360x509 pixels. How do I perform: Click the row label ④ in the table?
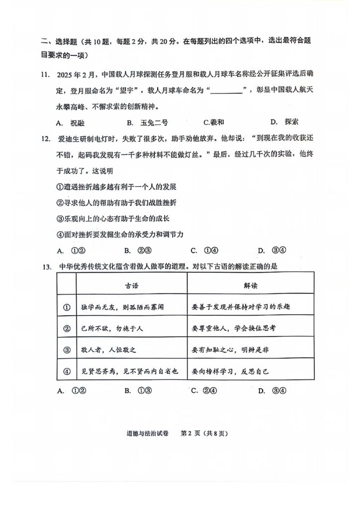(66, 371)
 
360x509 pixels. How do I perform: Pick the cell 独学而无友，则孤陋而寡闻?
(122, 307)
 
